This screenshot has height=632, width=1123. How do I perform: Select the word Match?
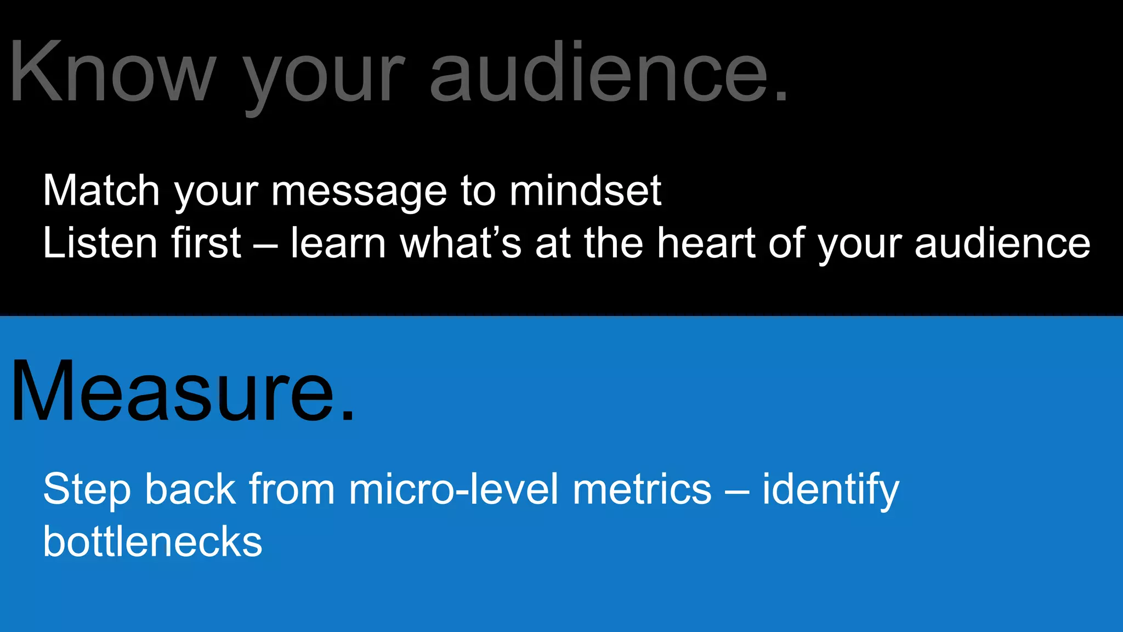coord(101,190)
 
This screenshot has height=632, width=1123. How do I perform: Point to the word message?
coord(359,192)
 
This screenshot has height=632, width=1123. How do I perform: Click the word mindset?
coord(585,190)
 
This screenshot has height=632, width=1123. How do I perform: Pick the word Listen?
coord(99,242)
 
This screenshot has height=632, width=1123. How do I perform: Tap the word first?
coord(206,242)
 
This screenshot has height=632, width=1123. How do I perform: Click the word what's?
coord(461,242)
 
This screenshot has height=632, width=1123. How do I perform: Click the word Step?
coord(87,489)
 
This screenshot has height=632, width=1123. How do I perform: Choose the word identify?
coord(831,489)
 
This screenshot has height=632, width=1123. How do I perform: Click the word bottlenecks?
coord(153,541)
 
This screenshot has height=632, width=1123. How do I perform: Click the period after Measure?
coord(348,417)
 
